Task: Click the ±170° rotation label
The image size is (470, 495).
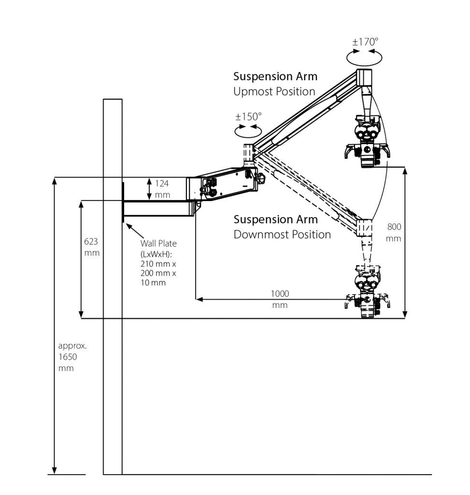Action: click(x=365, y=42)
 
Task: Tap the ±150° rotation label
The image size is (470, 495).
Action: click(x=248, y=116)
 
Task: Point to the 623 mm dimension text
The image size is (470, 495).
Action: click(x=92, y=246)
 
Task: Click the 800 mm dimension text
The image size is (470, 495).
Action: click(x=394, y=233)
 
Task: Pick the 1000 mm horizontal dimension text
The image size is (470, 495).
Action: click(x=280, y=299)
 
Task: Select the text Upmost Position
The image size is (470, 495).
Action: click(x=274, y=91)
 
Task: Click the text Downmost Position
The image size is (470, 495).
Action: click(x=282, y=234)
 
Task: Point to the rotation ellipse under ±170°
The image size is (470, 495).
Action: click(x=365, y=57)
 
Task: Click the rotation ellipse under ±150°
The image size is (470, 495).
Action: click(x=248, y=130)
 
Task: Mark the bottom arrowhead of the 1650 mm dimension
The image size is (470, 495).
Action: click(x=55, y=470)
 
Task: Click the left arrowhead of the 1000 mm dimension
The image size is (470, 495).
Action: click(x=199, y=299)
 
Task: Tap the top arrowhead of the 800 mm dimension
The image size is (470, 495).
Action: click(x=405, y=171)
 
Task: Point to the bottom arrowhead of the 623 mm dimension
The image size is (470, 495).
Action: click(x=81, y=315)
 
